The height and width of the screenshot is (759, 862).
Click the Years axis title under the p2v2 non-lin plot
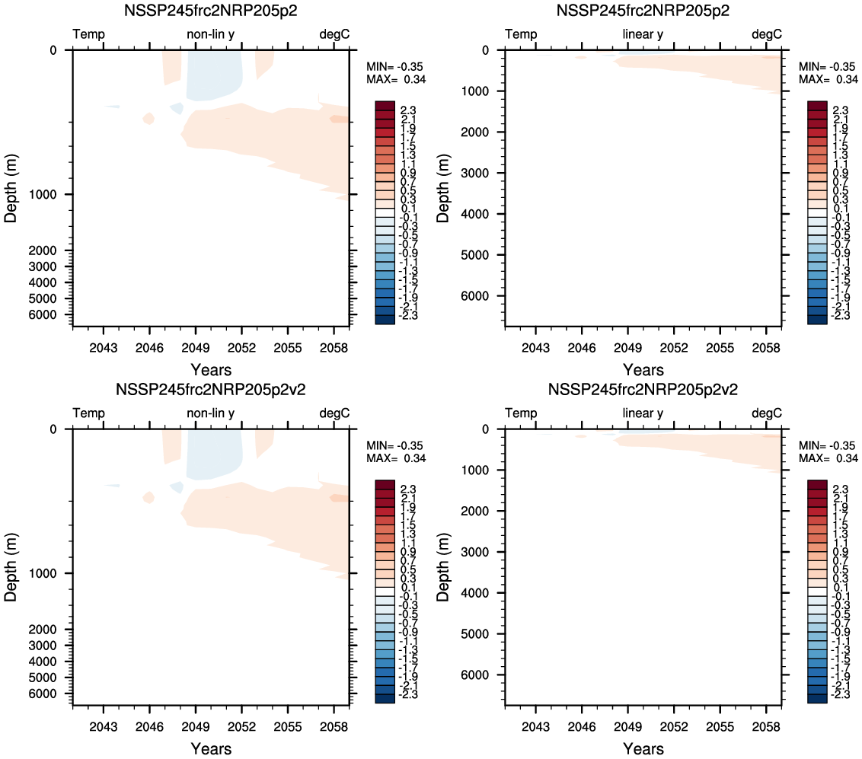[211, 749]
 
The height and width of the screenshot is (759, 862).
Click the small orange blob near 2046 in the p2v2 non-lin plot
[148, 497]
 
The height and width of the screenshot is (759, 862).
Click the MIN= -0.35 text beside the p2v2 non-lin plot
[396, 445]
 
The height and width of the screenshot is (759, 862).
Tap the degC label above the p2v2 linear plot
[767, 413]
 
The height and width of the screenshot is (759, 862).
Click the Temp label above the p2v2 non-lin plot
[88, 413]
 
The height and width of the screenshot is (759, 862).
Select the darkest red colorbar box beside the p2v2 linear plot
[816, 485]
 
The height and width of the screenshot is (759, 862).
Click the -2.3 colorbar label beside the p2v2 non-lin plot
[407, 695]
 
